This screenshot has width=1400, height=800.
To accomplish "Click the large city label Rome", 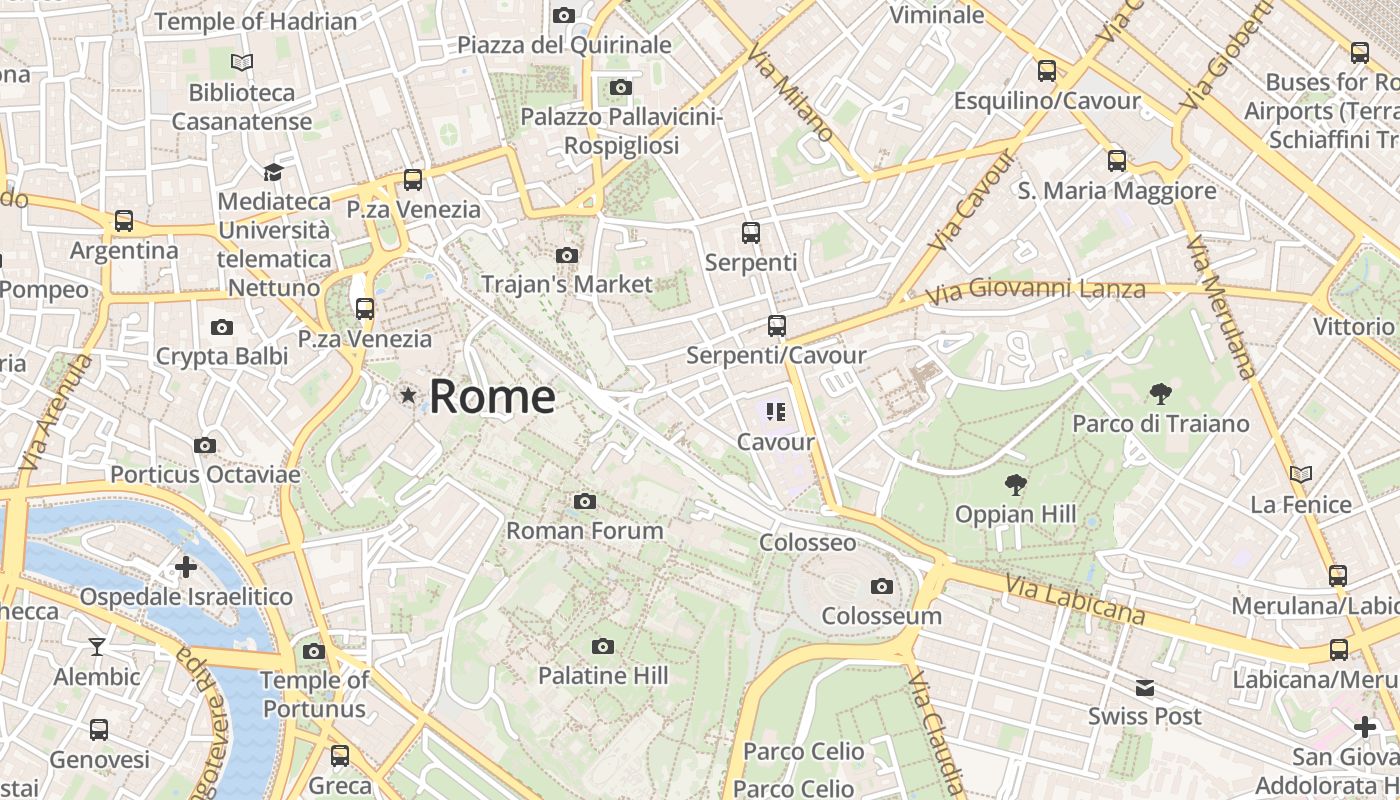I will (492, 397).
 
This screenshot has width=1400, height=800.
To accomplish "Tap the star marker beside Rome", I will (408, 396).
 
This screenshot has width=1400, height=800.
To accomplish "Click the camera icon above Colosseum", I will (881, 587).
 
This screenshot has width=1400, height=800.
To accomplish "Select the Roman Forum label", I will (585, 530).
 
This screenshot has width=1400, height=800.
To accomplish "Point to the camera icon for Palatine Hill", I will (602, 647).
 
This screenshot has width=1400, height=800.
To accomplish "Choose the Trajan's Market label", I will (566, 284).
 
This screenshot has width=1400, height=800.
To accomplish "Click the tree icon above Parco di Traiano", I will (1160, 393).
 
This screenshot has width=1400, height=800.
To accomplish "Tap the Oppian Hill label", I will (1015, 514).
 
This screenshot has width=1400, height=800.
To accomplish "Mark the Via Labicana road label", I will (1075, 598).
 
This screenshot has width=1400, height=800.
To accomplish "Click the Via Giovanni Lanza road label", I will (1035, 292).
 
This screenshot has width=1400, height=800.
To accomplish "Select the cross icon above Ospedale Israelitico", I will (186, 567).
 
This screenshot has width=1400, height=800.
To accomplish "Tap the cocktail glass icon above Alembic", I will (97, 647).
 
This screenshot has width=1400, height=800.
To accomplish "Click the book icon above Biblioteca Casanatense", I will (242, 62).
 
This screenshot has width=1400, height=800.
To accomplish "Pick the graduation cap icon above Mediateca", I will (273, 172).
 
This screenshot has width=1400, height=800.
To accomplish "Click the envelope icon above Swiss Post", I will (1145, 687).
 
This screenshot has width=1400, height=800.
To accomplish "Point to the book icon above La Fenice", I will (1300, 474).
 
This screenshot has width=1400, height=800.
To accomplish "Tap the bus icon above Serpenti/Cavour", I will (776, 326).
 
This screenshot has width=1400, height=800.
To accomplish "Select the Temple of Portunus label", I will (314, 694).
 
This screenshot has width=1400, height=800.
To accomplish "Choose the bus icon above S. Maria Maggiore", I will (1116, 160).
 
